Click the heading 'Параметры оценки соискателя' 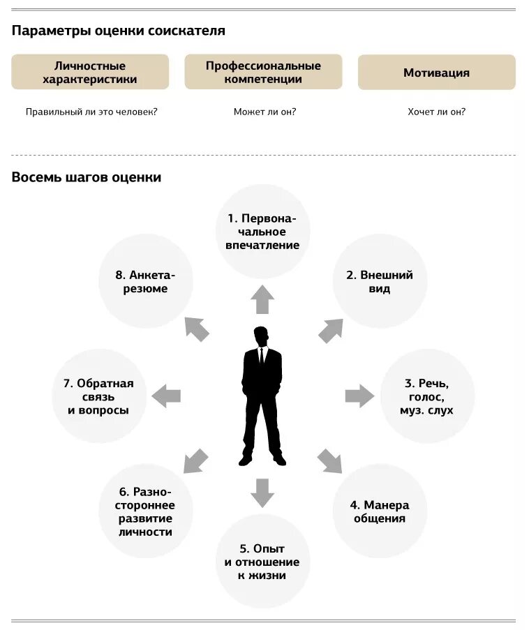point(118,31)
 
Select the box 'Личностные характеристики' point(90,73)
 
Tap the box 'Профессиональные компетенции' point(263,73)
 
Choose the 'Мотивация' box point(436,73)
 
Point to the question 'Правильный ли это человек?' point(91,112)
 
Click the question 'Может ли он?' point(264,112)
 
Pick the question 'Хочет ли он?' point(436,112)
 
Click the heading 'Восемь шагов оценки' point(87,177)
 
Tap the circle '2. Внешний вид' point(380,281)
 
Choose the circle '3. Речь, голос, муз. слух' point(427,396)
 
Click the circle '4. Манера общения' point(379,511)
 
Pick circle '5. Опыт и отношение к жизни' point(262,562)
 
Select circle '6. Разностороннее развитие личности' point(145,511)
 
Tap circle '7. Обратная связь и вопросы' point(98,396)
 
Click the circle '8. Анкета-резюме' point(145,281)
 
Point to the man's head point(261,336)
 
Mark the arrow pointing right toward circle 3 point(359,396)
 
